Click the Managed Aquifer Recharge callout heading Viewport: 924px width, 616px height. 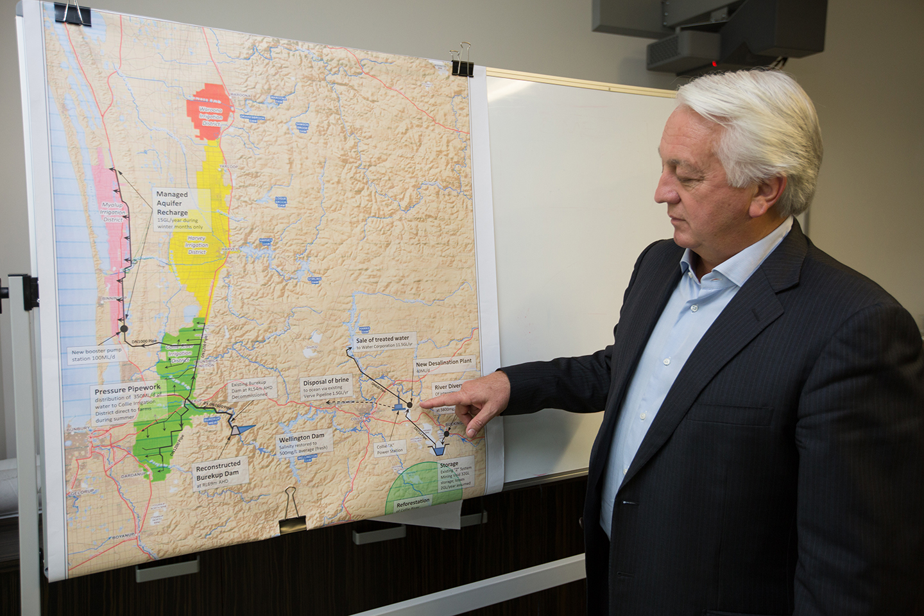(172, 203)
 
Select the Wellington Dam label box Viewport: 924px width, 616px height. (302, 443)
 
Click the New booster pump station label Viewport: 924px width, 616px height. (96, 355)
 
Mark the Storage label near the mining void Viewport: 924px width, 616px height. (449, 464)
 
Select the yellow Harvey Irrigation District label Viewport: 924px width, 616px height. (197, 244)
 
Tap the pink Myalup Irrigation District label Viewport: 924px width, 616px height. (113, 211)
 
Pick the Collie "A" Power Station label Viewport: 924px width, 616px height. (389, 448)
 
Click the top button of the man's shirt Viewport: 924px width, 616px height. (693, 308)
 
